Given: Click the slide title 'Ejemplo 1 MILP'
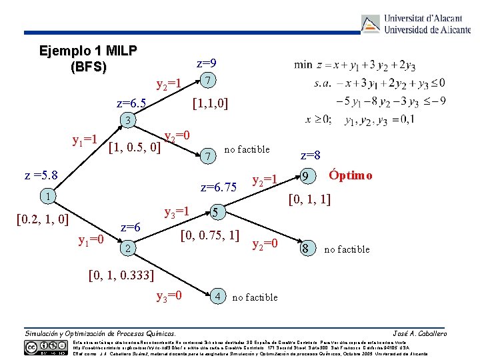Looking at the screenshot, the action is click(x=88, y=51).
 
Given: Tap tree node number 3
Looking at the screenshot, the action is click(x=127, y=121).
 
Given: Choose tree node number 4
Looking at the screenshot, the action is click(x=219, y=295).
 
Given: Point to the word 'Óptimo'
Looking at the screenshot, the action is click(x=351, y=175).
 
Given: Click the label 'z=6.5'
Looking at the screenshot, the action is click(x=131, y=103).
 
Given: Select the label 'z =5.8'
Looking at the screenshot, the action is click(x=41, y=176).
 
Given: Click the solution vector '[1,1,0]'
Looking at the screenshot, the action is click(x=209, y=103).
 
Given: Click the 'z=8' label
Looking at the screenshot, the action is click(x=311, y=156).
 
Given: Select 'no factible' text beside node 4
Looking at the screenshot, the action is click(x=255, y=297).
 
